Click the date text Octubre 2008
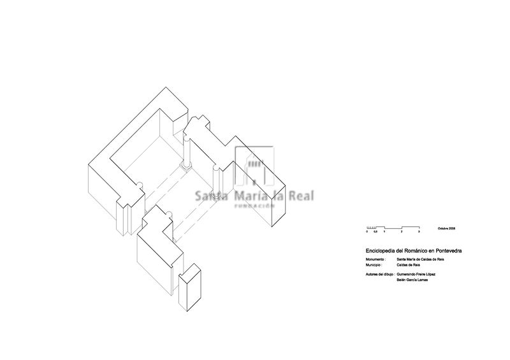tap(446, 228)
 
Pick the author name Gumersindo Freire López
tap(416, 274)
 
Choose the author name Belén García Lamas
tap(412, 279)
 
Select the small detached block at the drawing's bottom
tap(189, 292)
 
